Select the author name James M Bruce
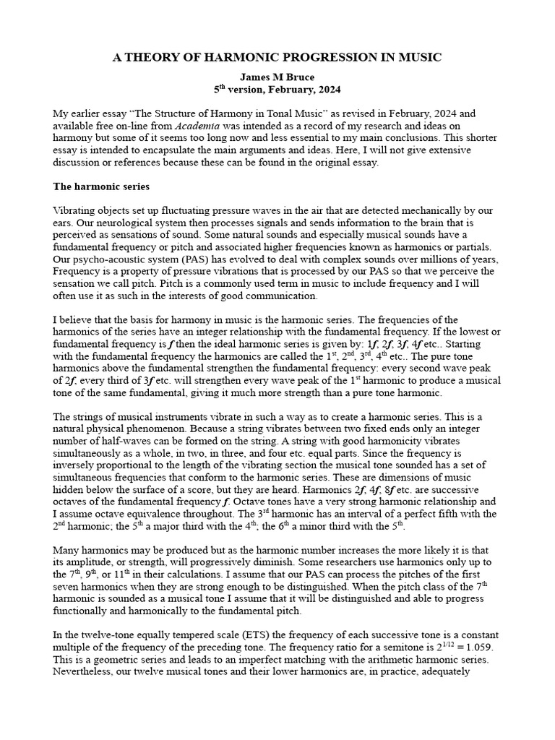tap(277, 77)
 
